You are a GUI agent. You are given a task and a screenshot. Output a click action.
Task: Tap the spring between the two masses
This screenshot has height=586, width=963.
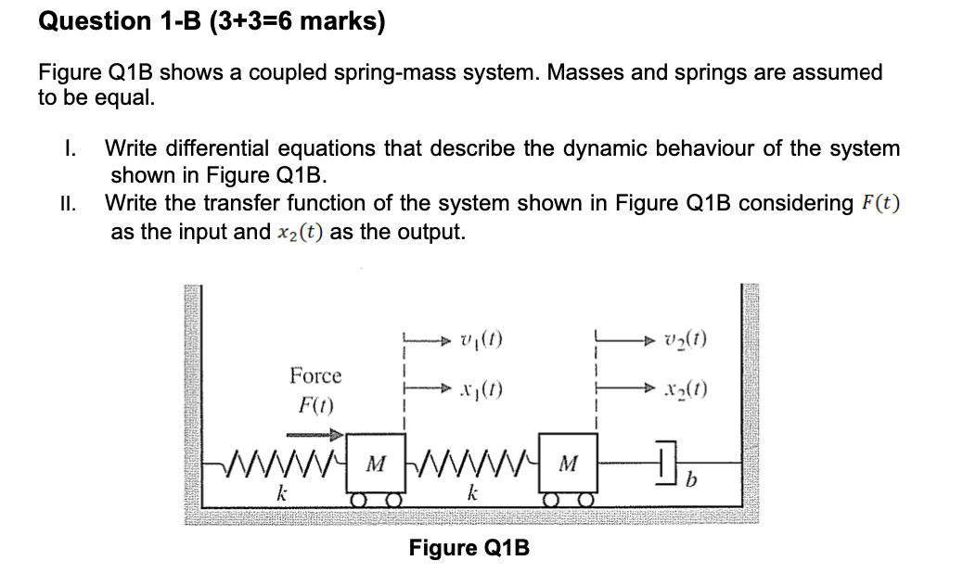pyautogui.click(x=469, y=461)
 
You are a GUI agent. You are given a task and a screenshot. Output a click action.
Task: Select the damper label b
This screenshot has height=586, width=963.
pyautogui.click(x=687, y=479)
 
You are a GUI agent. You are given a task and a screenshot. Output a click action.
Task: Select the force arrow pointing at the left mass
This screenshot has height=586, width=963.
pyautogui.click(x=315, y=432)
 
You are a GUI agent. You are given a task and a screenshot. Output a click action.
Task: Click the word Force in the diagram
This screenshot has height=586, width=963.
pyautogui.click(x=315, y=376)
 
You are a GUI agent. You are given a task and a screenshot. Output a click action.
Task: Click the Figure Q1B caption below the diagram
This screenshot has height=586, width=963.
pyautogui.click(x=469, y=548)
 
